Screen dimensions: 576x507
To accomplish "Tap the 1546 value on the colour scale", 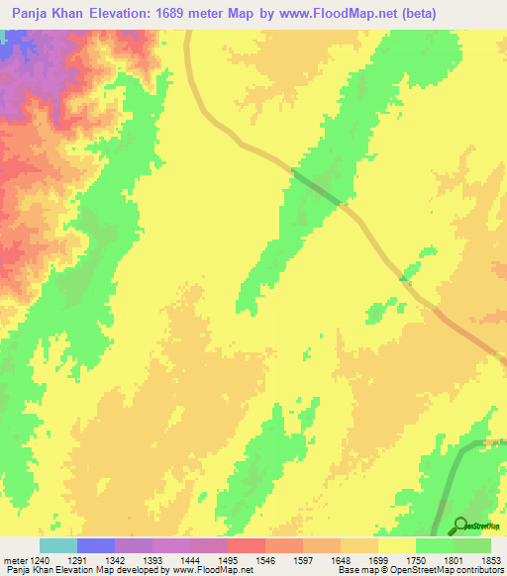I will (x=266, y=560).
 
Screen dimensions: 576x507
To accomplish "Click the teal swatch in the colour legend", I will (x=58, y=545).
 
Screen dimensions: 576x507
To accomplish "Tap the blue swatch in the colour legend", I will (x=96, y=545).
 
